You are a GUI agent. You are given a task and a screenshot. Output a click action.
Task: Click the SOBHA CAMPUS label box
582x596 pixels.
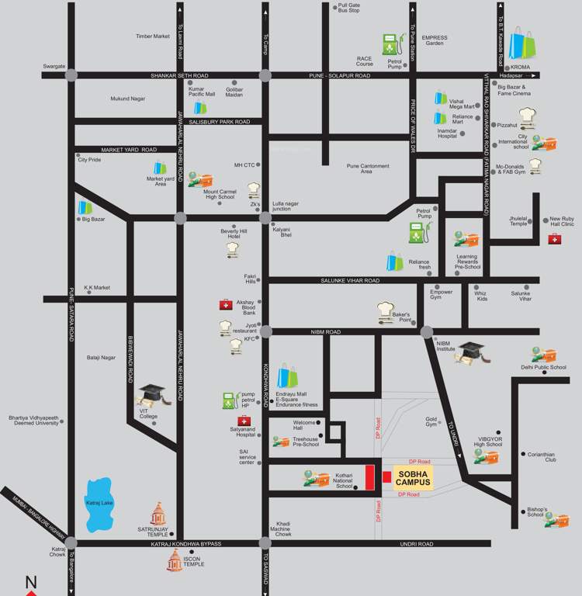pyautogui.click(x=412, y=476)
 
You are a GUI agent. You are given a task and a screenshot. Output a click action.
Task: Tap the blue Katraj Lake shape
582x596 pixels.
pyautogui.click(x=103, y=506)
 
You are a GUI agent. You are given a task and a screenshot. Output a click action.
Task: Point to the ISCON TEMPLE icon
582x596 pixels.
pyautogui.click(x=176, y=563)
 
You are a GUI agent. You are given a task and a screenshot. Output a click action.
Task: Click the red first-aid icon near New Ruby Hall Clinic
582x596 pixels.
pyautogui.click(x=555, y=239)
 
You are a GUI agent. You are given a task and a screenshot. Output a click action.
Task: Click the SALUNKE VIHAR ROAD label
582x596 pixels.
pyautogui.click(x=350, y=280)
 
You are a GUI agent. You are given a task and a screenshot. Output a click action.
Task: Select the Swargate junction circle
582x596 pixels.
pyautogui.click(x=71, y=75)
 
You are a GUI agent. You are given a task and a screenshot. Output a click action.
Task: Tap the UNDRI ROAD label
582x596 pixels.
pyautogui.click(x=417, y=544)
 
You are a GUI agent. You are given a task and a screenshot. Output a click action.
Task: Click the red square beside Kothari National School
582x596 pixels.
pyautogui.click(x=370, y=477)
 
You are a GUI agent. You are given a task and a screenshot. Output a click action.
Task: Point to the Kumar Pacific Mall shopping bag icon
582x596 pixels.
pyautogui.click(x=200, y=108)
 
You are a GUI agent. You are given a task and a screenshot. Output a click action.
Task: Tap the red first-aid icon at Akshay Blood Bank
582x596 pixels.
pyautogui.click(x=225, y=305)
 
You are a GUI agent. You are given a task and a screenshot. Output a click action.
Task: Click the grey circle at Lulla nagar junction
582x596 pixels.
pyautogui.click(x=265, y=217)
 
